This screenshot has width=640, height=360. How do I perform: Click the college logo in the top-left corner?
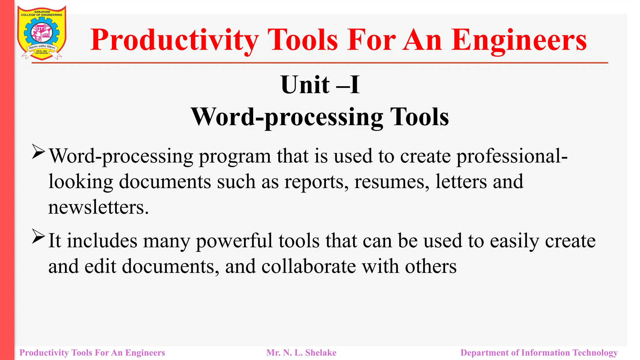42,32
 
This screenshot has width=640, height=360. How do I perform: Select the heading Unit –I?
320,85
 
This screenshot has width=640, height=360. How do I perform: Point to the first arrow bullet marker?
38,152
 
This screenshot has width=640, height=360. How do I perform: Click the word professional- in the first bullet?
512,156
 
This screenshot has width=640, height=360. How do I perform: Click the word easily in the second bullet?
514,241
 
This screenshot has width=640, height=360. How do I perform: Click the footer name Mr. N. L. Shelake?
301,353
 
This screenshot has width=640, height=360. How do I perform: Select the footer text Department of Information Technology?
539,353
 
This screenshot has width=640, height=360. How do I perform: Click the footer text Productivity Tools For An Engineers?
92,353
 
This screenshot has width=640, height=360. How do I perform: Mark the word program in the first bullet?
235,156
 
